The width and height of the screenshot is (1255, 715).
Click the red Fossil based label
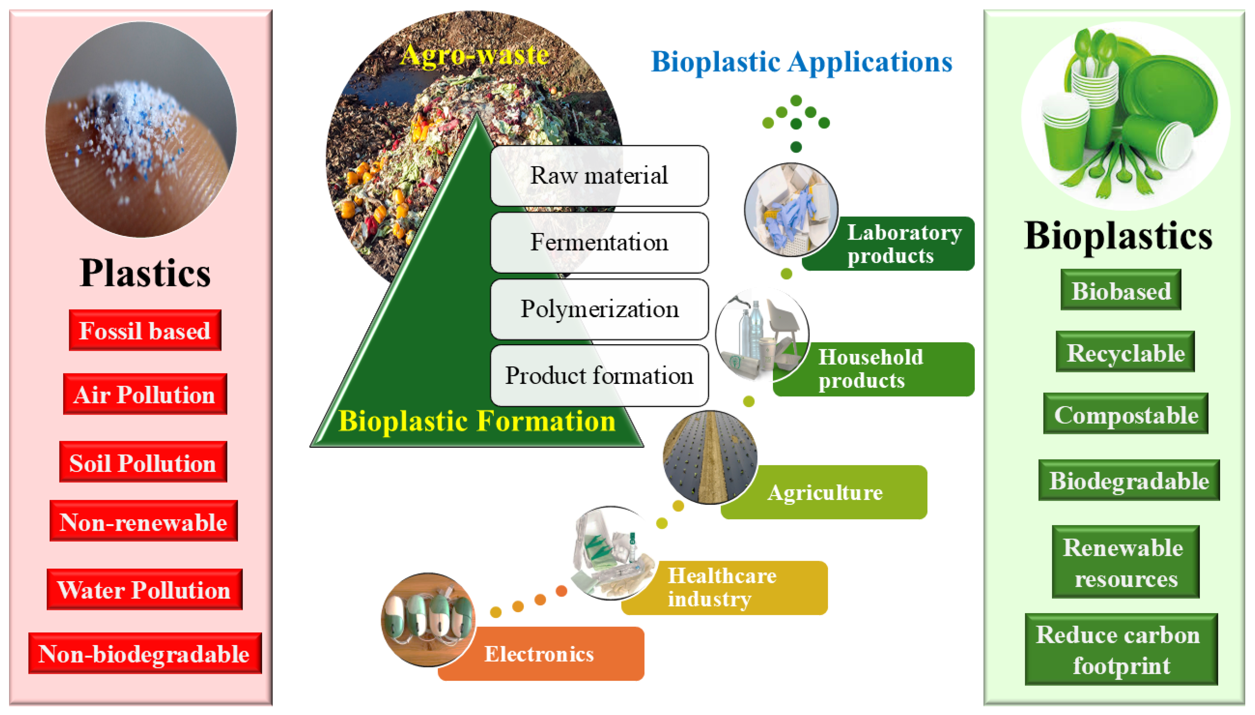coord(145,330)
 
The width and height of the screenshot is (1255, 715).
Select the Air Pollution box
coord(145,394)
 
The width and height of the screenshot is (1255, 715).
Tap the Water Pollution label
coord(144,589)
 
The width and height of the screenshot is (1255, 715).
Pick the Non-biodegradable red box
coord(145,653)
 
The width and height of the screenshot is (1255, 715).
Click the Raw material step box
coord(599,175)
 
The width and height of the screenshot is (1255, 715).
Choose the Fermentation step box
coord(599,242)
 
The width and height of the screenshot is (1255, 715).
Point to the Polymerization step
coord(599,309)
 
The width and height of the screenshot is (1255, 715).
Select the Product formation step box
coord(599,376)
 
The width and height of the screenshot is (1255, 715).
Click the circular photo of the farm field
coord(709,457)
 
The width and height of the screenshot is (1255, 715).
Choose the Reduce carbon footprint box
coord(1121,649)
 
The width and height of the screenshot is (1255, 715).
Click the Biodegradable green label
coord(1128,480)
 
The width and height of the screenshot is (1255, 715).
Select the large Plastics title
coord(145,273)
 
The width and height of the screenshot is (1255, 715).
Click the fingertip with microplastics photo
coord(141,129)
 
